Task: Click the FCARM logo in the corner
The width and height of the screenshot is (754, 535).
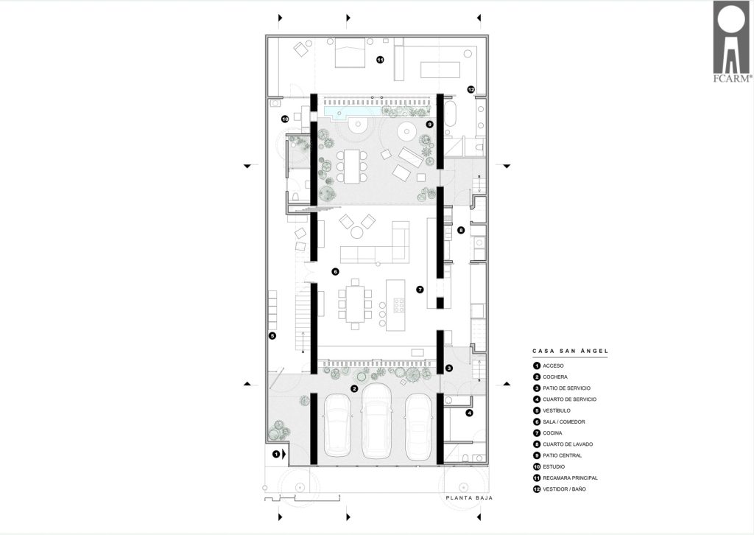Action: [x=733, y=42]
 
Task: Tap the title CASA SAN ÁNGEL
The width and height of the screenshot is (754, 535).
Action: [x=570, y=352]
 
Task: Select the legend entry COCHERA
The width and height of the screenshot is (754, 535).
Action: [x=555, y=377]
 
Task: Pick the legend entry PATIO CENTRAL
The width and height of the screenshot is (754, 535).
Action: [x=562, y=455]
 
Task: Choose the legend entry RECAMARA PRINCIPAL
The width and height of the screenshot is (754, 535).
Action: [x=571, y=478]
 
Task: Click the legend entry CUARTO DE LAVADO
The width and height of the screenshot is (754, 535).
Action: [x=568, y=444]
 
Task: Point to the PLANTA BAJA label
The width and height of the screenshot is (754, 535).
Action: [x=469, y=498]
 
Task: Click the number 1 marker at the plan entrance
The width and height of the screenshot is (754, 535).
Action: [x=276, y=454]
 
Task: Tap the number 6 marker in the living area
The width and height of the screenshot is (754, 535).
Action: [x=335, y=271]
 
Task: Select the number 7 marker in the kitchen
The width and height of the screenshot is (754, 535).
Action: [x=420, y=290]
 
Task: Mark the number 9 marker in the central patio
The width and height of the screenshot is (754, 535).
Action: [x=429, y=124]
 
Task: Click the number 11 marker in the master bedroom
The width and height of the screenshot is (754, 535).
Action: [x=380, y=60]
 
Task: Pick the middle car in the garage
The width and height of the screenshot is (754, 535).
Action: [x=376, y=422]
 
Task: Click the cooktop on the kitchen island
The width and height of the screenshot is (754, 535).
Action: [x=398, y=306]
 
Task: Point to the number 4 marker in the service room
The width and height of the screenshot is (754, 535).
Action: [x=469, y=413]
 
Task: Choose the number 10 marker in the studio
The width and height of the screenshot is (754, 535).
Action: [x=285, y=119]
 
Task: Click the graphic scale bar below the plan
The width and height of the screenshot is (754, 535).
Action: [x=302, y=498]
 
